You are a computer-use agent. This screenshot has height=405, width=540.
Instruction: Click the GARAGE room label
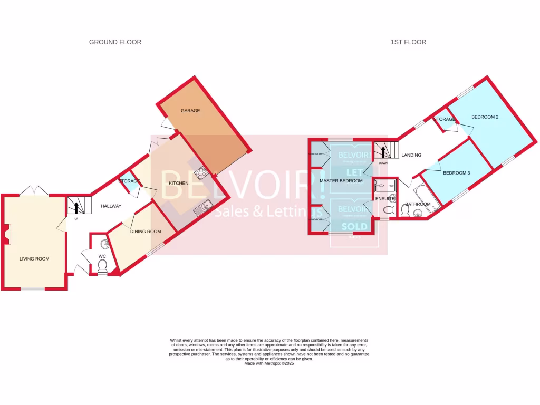click(x=190, y=111)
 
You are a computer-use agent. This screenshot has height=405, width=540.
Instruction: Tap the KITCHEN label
click(x=178, y=183)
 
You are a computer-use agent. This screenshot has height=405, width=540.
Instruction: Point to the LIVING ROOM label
click(x=34, y=259)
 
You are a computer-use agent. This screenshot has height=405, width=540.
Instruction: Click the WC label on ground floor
click(x=102, y=256)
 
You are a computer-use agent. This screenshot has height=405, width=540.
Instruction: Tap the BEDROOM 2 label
click(x=485, y=117)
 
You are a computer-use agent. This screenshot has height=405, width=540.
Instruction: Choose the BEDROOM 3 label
click(x=456, y=173)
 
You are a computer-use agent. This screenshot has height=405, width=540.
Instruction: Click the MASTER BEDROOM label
click(x=341, y=181)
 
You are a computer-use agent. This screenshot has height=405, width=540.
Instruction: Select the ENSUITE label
click(x=384, y=198)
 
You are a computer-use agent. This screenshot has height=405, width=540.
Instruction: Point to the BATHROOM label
click(x=418, y=204)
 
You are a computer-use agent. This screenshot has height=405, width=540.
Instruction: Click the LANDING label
click(x=411, y=155)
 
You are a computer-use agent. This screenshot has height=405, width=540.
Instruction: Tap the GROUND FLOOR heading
click(x=115, y=42)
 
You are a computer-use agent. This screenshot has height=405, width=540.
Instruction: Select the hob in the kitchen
click(x=200, y=172)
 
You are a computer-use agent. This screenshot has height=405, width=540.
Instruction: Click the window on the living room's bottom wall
click(x=33, y=288)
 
